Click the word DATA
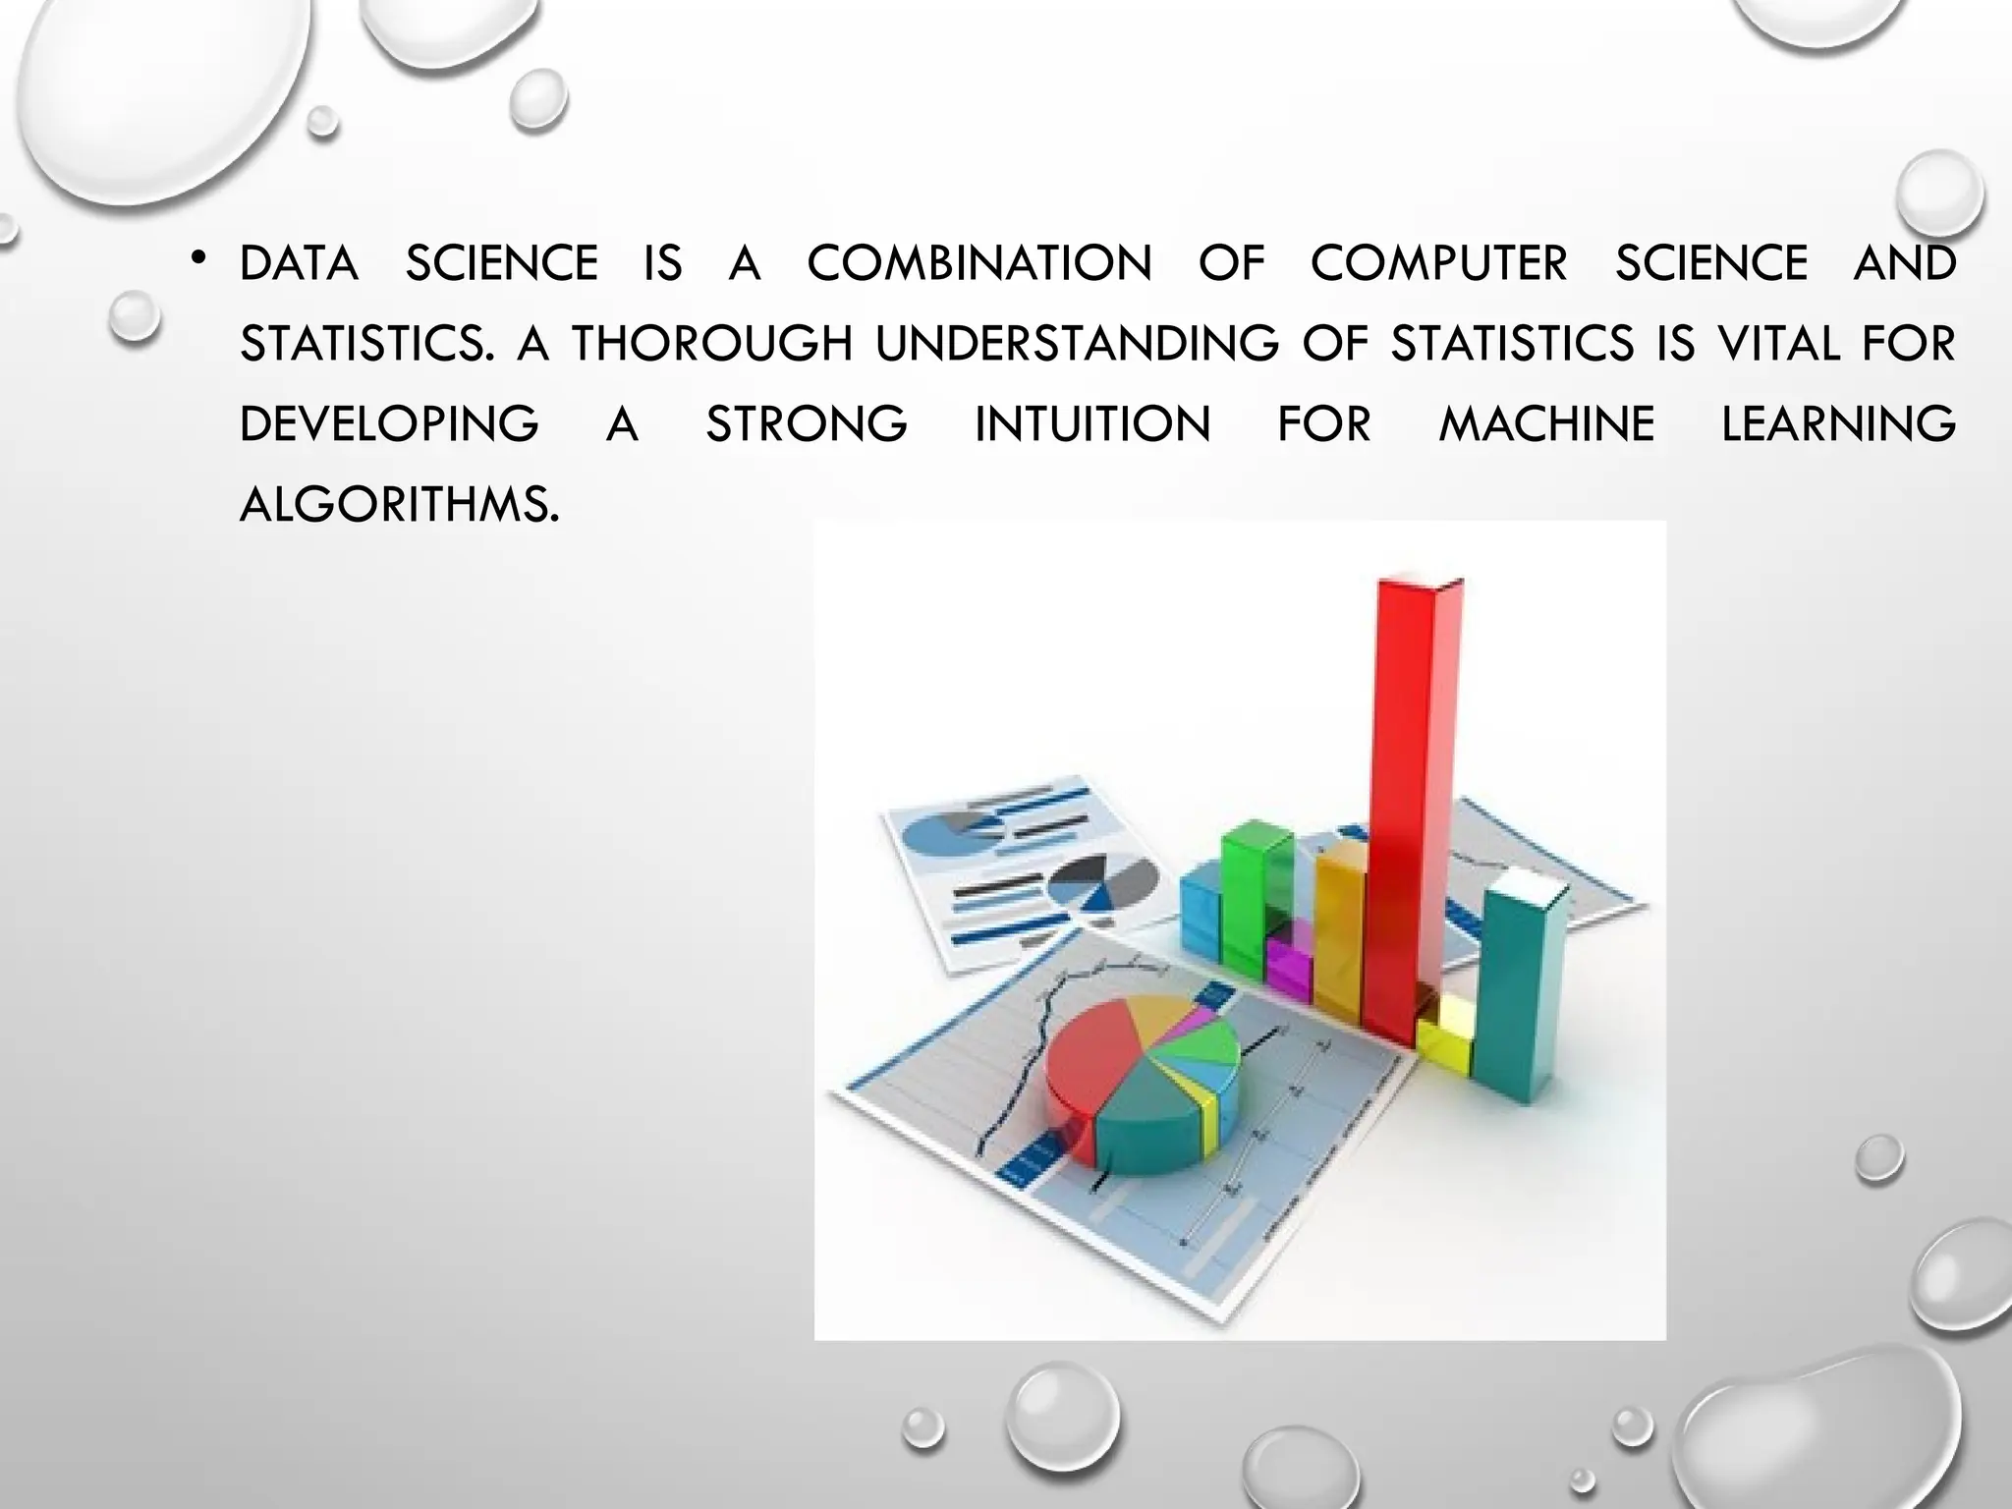299,263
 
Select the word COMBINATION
979,263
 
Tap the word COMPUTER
1439,263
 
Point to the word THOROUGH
712,344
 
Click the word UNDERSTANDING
1078,344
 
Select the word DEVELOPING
389,424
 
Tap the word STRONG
807,424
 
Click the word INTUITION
1092,424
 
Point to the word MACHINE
1547,424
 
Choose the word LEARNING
1838,424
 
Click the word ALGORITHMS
399,505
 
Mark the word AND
1904,263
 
